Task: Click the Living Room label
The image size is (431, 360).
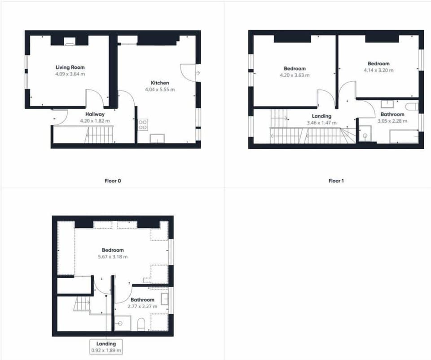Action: [x=70, y=67]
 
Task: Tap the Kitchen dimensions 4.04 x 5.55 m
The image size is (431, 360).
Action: [x=160, y=89]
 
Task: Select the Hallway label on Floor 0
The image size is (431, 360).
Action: [x=95, y=114]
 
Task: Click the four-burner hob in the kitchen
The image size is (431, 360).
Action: [x=143, y=124]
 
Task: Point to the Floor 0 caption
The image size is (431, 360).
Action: [x=113, y=181]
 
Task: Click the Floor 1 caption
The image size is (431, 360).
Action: [x=336, y=181]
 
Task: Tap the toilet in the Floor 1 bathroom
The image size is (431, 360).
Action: [x=412, y=107]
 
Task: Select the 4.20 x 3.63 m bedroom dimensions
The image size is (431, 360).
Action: [x=295, y=75]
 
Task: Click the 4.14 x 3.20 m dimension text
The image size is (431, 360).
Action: [x=378, y=70]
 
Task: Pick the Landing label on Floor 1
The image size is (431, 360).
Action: [x=321, y=116]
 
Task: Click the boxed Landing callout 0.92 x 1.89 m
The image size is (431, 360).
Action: [x=106, y=347]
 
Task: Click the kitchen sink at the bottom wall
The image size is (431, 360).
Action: [x=157, y=138]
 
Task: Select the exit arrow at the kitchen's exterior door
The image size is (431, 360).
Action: [x=198, y=73]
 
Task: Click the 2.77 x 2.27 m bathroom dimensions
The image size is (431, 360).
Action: [x=142, y=307]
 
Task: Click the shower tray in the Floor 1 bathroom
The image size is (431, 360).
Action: [x=365, y=133]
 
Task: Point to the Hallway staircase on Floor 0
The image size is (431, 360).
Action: [x=100, y=135]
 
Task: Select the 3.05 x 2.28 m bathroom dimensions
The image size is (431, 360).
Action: [x=392, y=121]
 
